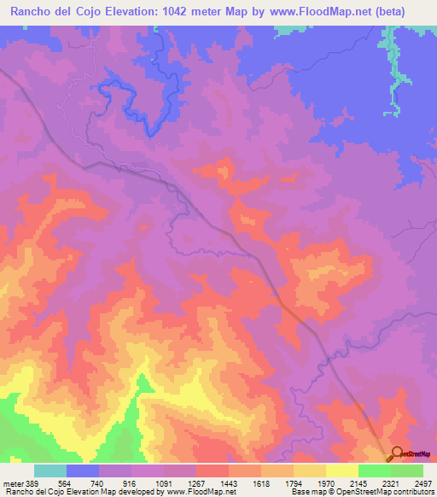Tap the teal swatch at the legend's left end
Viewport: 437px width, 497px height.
coord(50,471)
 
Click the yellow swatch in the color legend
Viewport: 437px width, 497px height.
coord(342,471)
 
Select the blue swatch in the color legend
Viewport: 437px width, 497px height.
coord(83,471)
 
